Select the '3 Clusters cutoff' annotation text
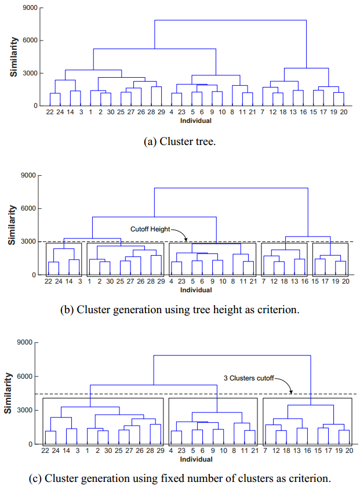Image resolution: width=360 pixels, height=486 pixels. pos(249,378)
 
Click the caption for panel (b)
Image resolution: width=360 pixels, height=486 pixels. pos(180,310)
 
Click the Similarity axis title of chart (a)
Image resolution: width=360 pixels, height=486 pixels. pos(12,57)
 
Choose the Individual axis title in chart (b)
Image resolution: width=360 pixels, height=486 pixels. pos(195,289)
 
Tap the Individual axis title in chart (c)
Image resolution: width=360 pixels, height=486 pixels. pos(195,459)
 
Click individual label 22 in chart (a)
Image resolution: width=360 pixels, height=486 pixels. pos(50,113)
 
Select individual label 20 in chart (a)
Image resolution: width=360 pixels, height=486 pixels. pos(344,113)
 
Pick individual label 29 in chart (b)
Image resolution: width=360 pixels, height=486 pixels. pos(161,282)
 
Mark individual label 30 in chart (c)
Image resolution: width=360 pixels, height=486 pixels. pos(110,451)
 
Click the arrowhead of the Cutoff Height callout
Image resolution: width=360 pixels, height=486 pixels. pos(186,240)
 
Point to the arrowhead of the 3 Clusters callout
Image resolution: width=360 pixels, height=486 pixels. pos(292,393)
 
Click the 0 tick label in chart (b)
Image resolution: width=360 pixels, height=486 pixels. pos(35,275)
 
